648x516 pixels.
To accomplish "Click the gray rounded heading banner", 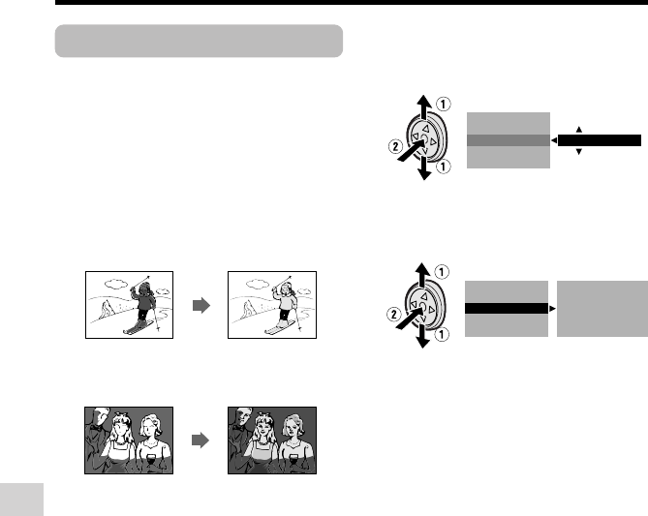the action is pyautogui.click(x=199, y=41).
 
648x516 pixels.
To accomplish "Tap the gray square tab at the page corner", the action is pyautogui.click(x=21, y=500).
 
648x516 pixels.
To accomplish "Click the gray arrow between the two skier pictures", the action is pyautogui.click(x=201, y=306).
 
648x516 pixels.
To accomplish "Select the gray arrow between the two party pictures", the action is pyautogui.click(x=201, y=440).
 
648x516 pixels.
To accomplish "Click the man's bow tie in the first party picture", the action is pyautogui.click(x=98, y=429).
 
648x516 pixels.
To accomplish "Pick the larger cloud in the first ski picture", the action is pyautogui.click(x=116, y=284).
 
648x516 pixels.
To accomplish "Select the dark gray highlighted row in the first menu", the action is pyautogui.click(x=509, y=140).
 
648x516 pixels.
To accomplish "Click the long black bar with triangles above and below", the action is pyautogui.click(x=600, y=140).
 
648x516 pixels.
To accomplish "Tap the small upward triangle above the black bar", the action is pyautogui.click(x=579, y=130).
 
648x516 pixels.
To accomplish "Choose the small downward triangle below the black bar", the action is pyautogui.click(x=579, y=152).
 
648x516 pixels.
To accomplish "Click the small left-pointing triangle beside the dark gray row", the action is pyautogui.click(x=554, y=140).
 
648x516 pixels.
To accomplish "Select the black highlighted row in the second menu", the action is pyautogui.click(x=507, y=309).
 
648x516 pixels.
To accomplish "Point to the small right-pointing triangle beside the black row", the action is pyautogui.click(x=552, y=309).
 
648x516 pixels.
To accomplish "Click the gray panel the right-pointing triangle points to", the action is pyautogui.click(x=602, y=309).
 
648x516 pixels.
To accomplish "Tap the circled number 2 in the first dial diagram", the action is pyautogui.click(x=395, y=146).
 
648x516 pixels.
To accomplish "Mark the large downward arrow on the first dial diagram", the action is pyautogui.click(x=424, y=168).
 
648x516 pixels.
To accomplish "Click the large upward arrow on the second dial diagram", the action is pyautogui.click(x=422, y=274).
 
